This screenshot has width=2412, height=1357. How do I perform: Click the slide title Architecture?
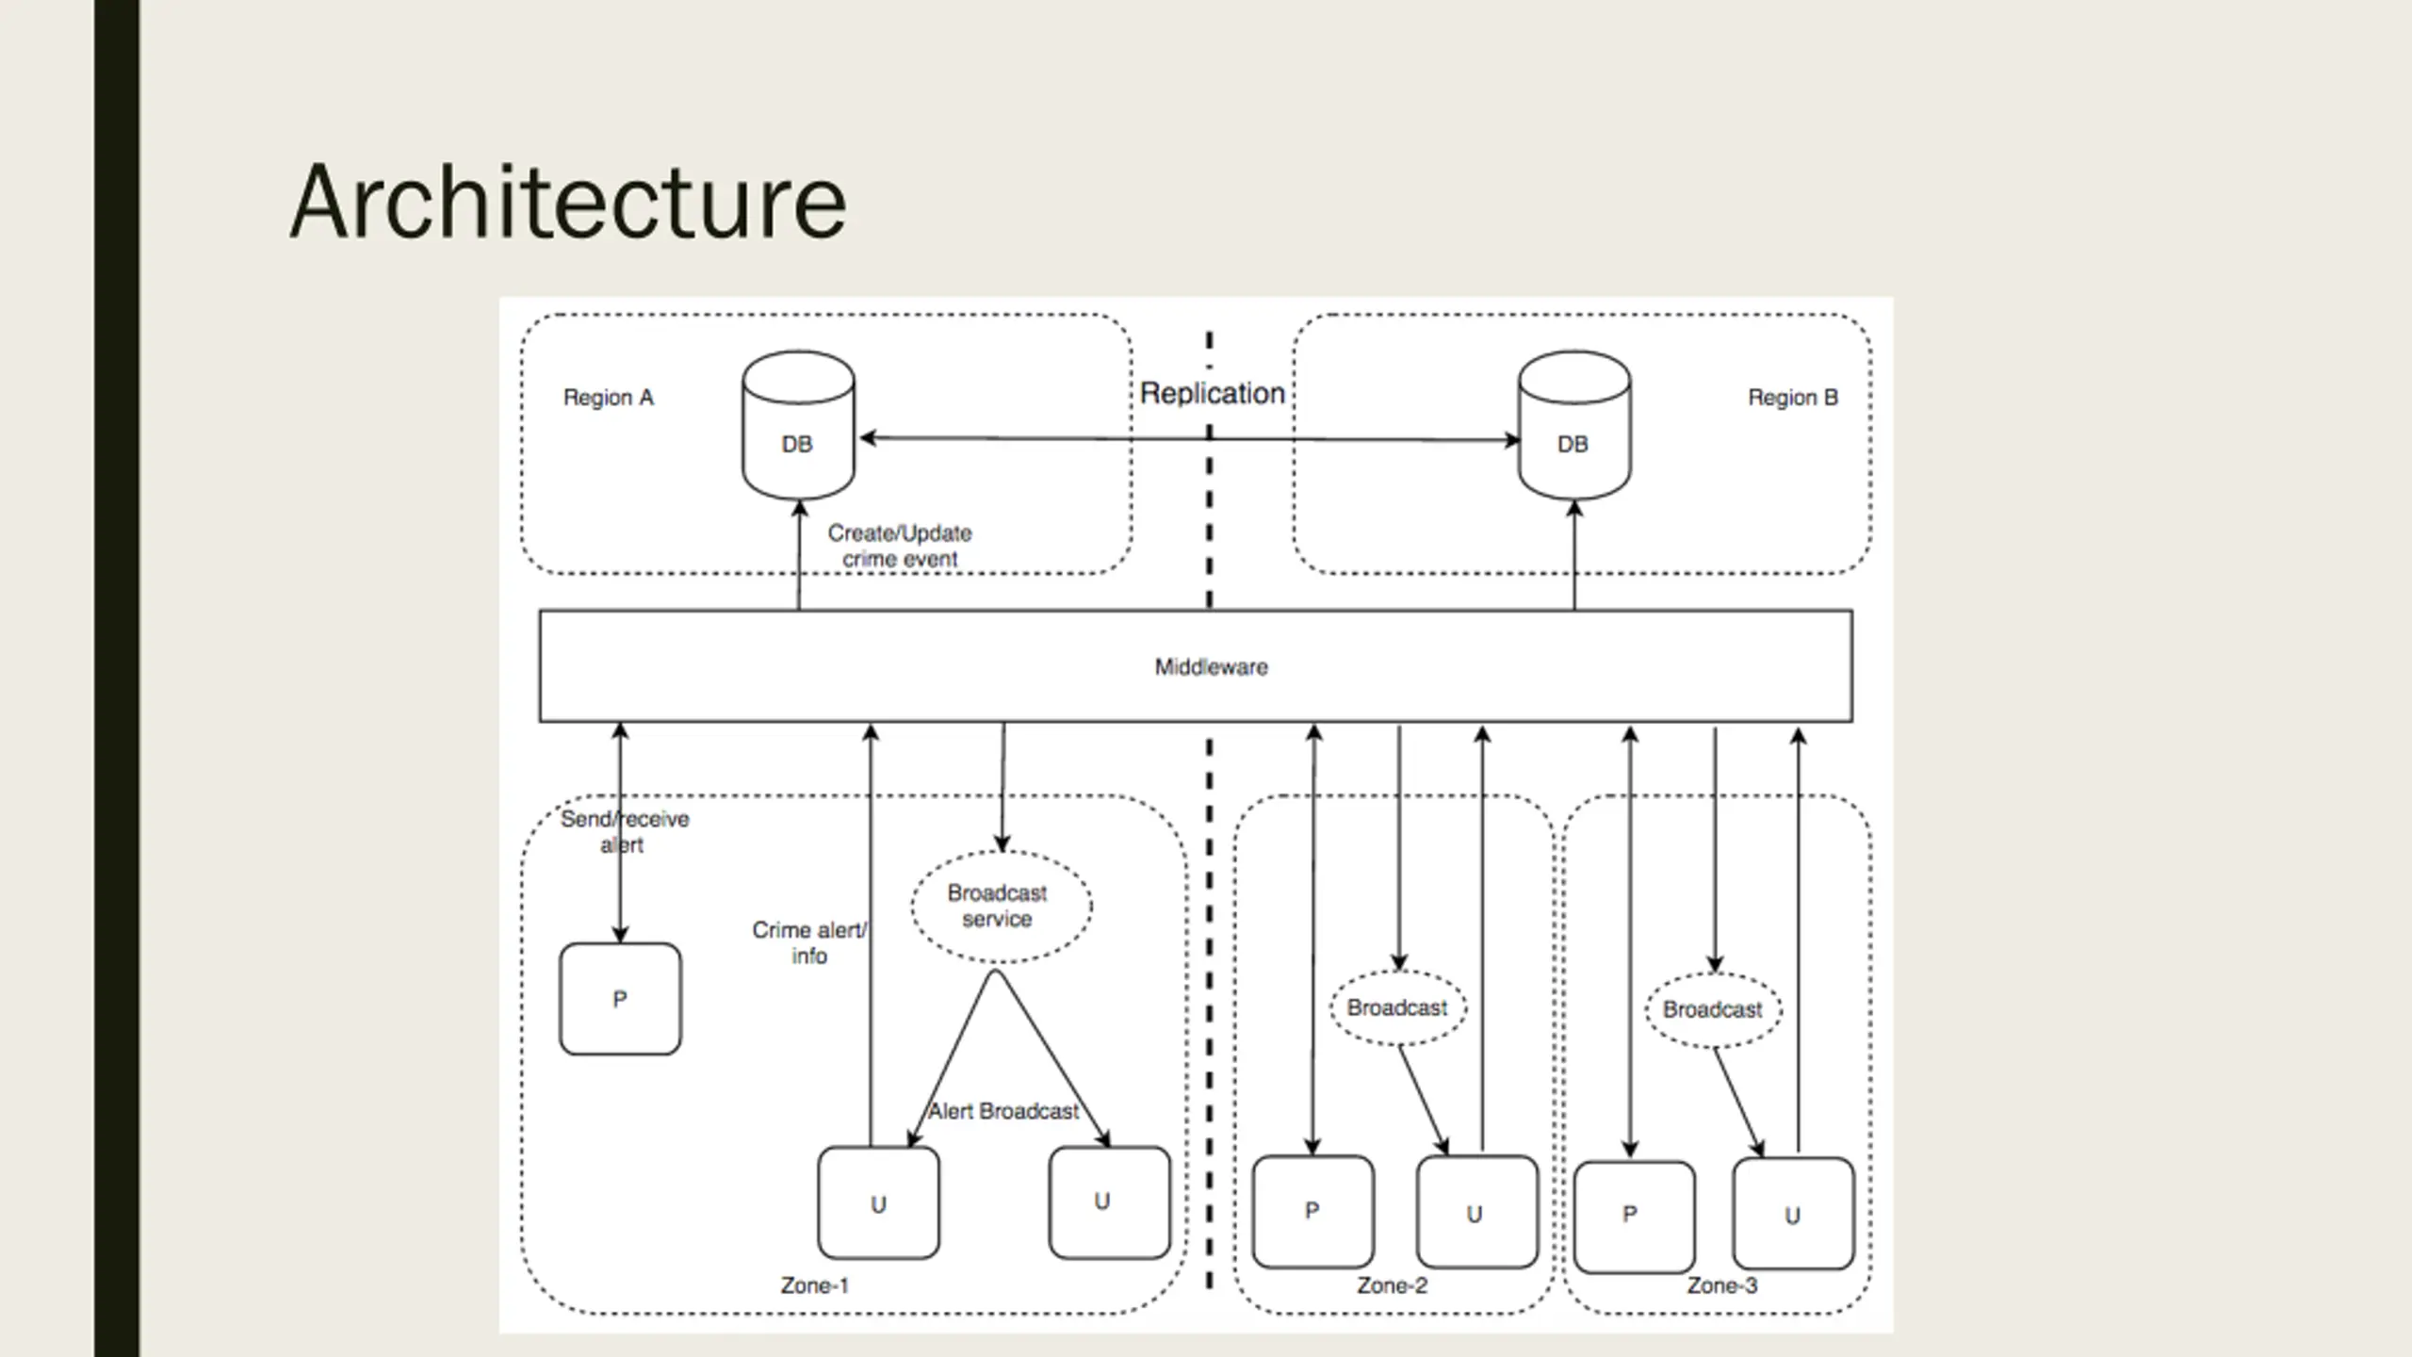pos(568,202)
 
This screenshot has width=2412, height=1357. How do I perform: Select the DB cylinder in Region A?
pos(798,425)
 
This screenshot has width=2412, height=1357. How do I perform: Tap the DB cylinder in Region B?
pos(1574,425)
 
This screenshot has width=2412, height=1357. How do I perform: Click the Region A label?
pos(608,398)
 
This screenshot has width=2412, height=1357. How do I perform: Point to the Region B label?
pos(1793,398)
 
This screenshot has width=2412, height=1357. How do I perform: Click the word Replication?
pos(1213,393)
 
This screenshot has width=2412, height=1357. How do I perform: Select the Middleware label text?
pos(1211,667)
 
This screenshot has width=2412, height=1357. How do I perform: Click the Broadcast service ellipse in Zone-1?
pos(1002,907)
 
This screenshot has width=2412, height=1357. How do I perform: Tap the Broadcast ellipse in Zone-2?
pos(1398,1008)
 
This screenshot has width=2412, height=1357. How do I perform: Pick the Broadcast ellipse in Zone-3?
pos(1714,1010)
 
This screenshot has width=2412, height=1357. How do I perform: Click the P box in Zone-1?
pos(620,999)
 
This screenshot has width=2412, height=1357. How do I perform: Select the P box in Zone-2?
pos(1312,1212)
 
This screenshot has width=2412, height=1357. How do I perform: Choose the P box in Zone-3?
pos(1634,1218)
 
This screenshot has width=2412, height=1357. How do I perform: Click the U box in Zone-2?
pos(1477,1212)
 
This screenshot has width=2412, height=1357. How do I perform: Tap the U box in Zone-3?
pos(1793,1214)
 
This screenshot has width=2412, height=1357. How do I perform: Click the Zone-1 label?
pos(815,1285)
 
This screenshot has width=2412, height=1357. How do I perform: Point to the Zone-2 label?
pos(1392,1285)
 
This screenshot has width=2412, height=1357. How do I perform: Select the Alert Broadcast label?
pos(1003,1112)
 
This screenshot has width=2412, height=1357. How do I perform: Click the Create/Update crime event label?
pos(900,546)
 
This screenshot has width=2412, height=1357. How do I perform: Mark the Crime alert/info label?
pos(809,942)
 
